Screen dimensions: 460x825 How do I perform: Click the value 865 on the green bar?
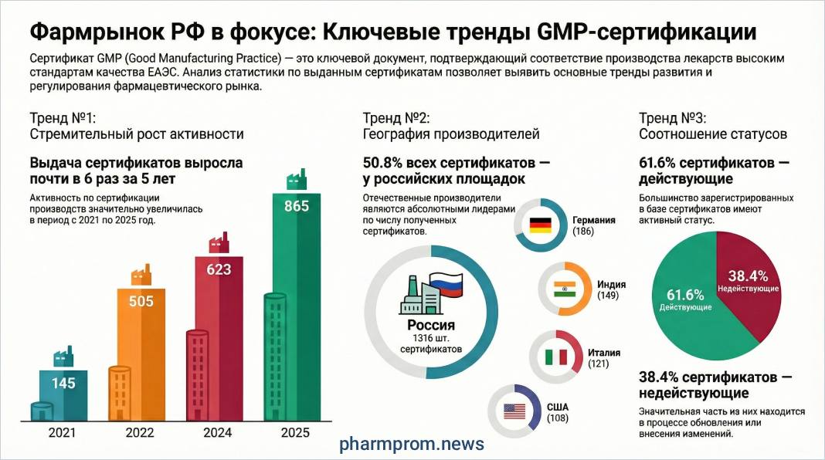click(297, 206)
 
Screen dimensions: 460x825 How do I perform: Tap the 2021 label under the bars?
click(62, 433)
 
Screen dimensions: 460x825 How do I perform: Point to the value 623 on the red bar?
click(218, 270)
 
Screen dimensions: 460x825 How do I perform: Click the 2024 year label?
click(217, 433)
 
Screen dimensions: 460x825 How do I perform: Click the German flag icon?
click(540, 225)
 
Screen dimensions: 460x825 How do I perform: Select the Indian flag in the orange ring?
click(565, 289)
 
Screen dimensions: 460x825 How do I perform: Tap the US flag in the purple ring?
click(514, 411)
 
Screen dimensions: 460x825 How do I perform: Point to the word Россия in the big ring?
click(431, 326)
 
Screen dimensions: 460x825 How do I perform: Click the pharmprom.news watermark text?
click(413, 444)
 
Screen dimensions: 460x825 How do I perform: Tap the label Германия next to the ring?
click(593, 220)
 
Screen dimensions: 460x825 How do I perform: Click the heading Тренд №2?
click(396, 118)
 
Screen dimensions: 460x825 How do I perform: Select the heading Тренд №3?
click(672, 118)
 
